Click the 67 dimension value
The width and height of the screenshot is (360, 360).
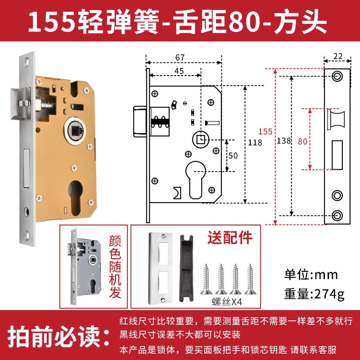point(180,58)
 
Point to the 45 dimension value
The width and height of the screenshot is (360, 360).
point(179,71)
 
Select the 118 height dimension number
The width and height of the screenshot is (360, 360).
point(255,143)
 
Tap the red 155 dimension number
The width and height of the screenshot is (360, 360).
point(265,131)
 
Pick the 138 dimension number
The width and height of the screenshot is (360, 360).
point(284,141)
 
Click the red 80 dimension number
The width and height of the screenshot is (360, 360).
point(302,142)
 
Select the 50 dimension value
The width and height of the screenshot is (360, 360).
point(233,156)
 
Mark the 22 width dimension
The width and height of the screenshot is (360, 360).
point(338,57)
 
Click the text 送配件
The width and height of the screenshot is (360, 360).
point(230,238)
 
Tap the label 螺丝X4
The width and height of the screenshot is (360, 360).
point(227,301)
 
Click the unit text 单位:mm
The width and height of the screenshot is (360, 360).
point(311,274)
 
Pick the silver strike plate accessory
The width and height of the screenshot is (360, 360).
point(160,268)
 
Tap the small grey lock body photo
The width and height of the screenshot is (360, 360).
point(84,267)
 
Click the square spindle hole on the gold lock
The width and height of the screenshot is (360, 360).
point(75,131)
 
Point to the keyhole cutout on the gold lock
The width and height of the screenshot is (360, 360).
point(75,198)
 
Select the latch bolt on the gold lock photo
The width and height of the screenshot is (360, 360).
point(21,104)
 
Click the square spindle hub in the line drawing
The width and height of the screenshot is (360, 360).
point(201,139)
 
